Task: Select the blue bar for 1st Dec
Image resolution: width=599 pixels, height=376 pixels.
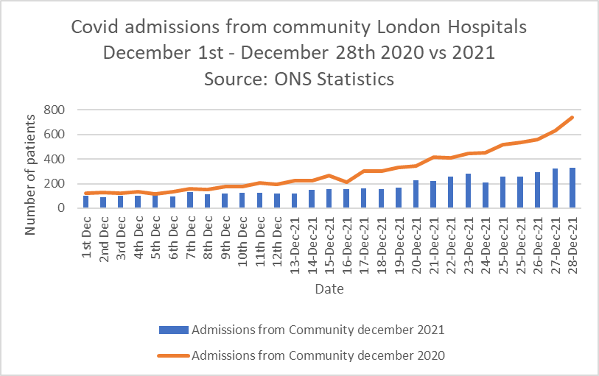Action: [85, 202]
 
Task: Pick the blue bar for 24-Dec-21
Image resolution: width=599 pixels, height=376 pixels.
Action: [485, 195]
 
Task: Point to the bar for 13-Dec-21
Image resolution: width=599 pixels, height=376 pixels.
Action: [294, 201]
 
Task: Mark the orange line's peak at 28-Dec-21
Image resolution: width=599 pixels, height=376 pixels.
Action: [572, 118]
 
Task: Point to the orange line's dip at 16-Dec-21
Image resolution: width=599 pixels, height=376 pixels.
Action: [346, 182]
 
